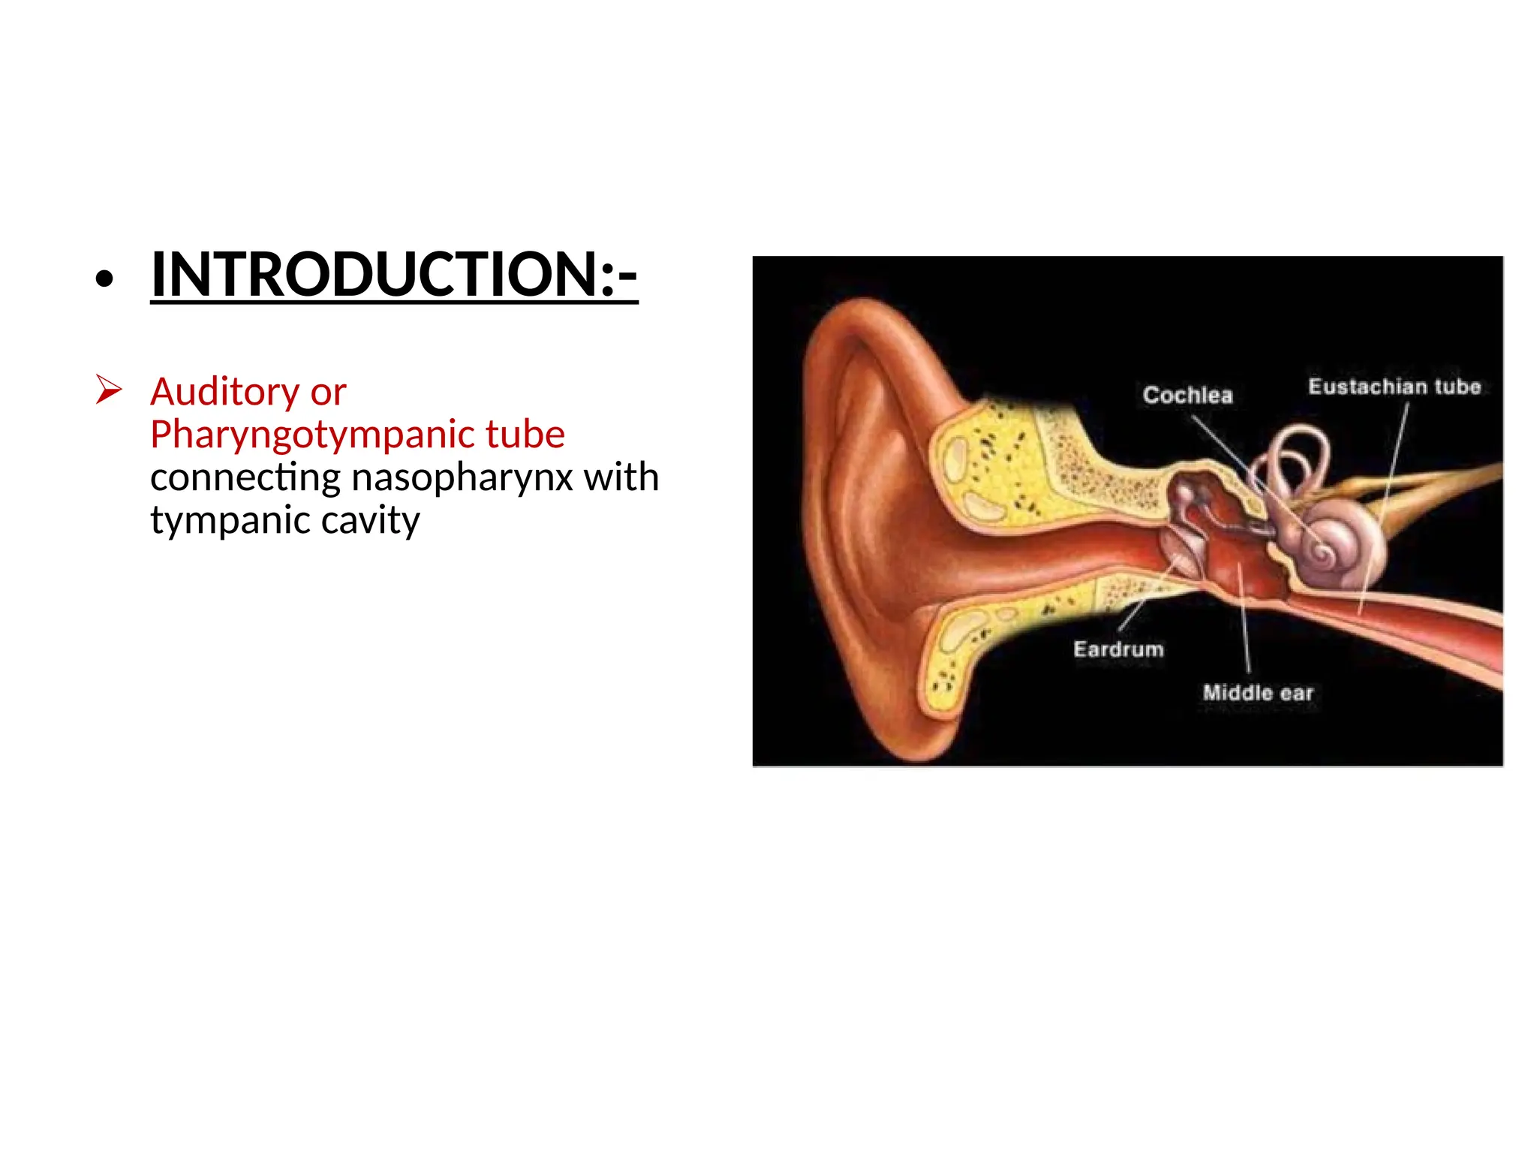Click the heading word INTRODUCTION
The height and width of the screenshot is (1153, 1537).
(375, 274)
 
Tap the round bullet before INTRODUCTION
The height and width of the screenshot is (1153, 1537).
(104, 279)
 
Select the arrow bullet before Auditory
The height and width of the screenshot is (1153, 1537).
(109, 390)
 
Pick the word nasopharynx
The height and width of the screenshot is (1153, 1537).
(462, 478)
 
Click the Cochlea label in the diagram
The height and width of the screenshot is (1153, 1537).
(1187, 395)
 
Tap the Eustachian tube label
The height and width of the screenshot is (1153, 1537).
(1394, 387)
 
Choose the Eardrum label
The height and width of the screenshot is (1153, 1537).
(1118, 649)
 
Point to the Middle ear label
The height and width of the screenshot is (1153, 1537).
(1258, 693)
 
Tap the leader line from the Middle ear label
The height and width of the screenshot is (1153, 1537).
(1244, 623)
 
